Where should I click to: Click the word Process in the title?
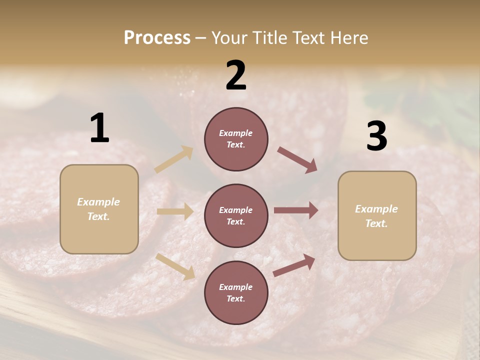157,38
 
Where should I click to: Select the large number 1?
99,128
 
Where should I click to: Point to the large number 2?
236,75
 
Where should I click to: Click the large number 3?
376,136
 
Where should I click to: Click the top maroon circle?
236,139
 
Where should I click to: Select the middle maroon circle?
236,216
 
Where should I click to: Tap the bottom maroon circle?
236,293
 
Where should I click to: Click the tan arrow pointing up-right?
174,159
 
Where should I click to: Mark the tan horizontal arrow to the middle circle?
175,211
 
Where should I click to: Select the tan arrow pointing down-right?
175,266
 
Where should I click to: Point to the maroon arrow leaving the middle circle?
296,210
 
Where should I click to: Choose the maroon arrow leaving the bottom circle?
294,265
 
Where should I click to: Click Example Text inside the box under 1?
98,209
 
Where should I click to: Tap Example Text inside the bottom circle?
236,293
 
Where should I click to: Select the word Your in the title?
229,38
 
